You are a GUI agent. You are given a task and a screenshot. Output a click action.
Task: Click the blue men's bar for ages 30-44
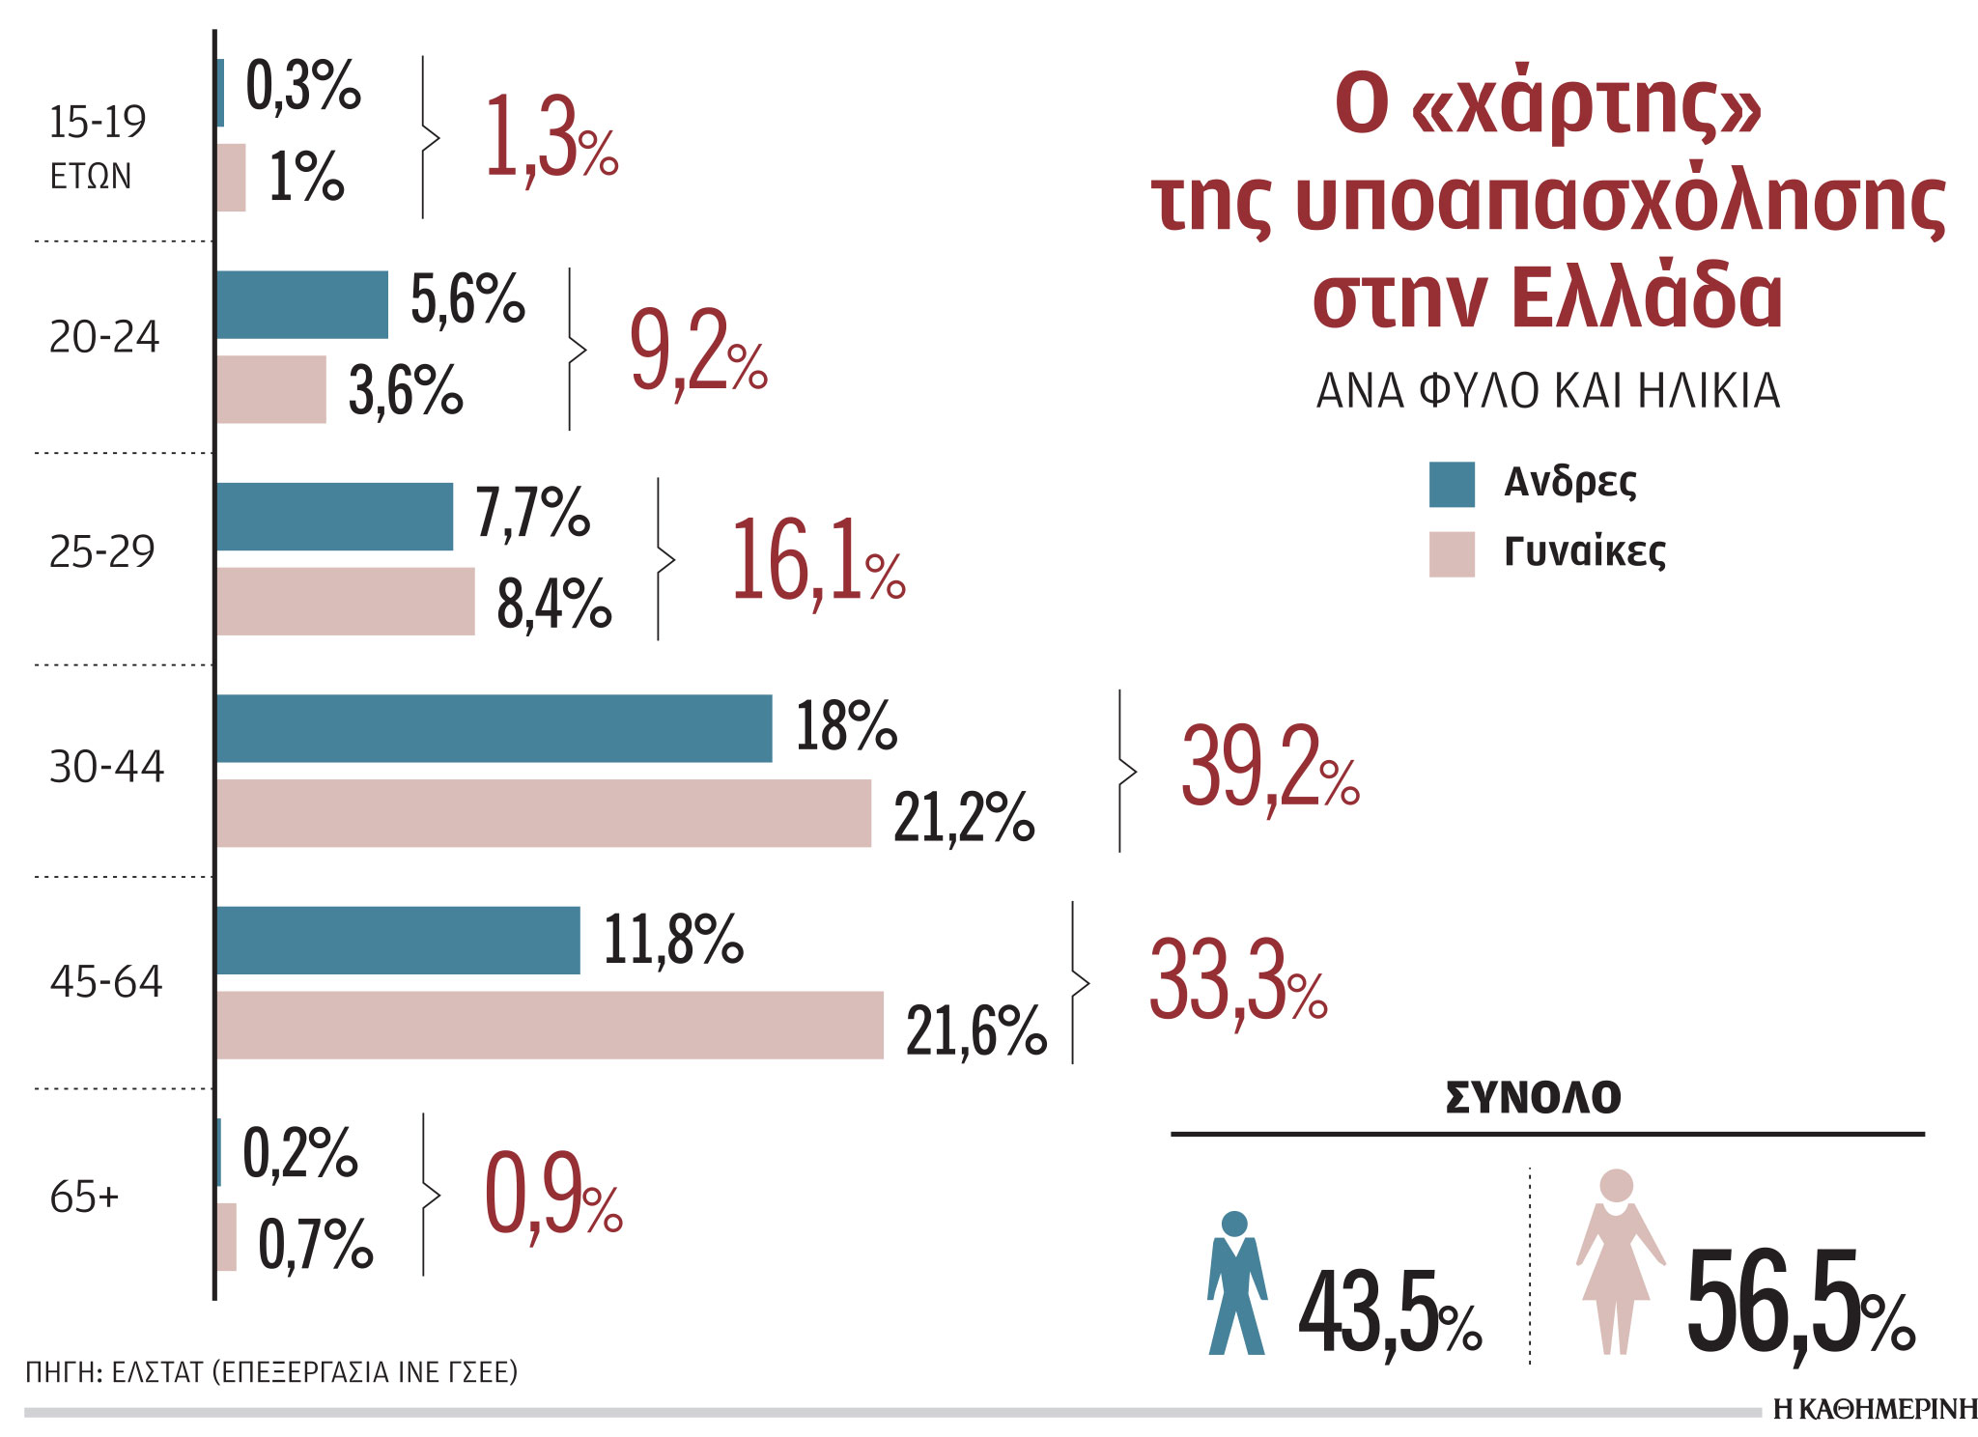click(x=494, y=728)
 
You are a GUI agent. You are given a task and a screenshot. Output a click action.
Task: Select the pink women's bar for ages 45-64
click(x=549, y=1025)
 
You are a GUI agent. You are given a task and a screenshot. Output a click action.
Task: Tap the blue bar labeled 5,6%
click(x=301, y=304)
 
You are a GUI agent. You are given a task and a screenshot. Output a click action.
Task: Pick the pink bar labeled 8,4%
click(x=345, y=601)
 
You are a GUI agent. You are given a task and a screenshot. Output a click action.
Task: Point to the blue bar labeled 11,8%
click(x=397, y=940)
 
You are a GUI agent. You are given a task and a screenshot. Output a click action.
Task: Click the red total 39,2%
click(x=1269, y=769)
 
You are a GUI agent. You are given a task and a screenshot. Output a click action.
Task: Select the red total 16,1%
click(x=817, y=562)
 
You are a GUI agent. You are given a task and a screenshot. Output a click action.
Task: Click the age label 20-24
click(x=104, y=338)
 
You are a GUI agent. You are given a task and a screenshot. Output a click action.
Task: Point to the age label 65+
click(x=84, y=1197)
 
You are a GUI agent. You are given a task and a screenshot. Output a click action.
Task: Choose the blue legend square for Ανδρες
click(x=1452, y=484)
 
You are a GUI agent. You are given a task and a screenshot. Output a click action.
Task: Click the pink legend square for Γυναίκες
click(x=1452, y=553)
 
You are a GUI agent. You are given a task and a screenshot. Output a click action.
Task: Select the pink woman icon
click(x=1619, y=1260)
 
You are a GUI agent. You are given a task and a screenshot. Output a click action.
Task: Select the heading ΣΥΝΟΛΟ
click(x=1533, y=1098)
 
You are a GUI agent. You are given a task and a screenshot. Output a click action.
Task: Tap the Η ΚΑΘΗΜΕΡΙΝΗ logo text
click(x=1875, y=1410)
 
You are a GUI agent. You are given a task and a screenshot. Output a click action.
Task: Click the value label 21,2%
click(x=963, y=818)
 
